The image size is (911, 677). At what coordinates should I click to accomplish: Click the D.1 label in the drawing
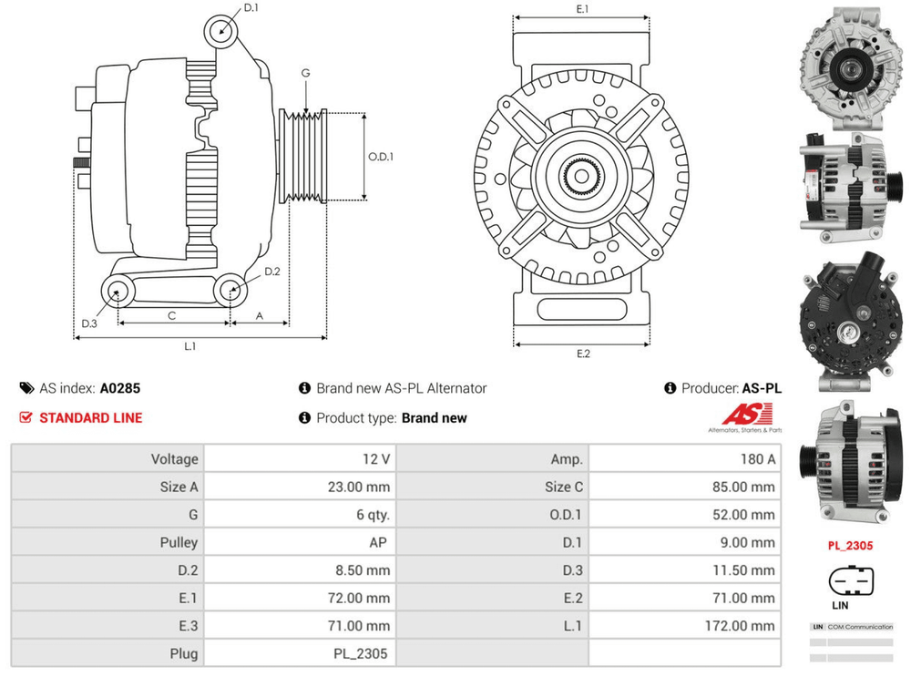coord(251,8)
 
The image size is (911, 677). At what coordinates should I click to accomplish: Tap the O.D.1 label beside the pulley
coord(381,156)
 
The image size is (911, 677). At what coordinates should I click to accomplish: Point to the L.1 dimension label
coord(191,346)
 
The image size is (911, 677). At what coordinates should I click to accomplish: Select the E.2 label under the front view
coord(583,354)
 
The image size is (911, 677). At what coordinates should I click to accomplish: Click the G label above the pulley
coord(306,73)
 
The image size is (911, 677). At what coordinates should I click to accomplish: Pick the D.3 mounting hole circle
coord(117,292)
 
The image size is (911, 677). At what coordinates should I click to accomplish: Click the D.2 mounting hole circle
coord(230,292)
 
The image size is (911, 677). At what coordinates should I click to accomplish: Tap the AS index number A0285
coord(120,388)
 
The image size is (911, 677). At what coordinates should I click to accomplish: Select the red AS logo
coord(744,415)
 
